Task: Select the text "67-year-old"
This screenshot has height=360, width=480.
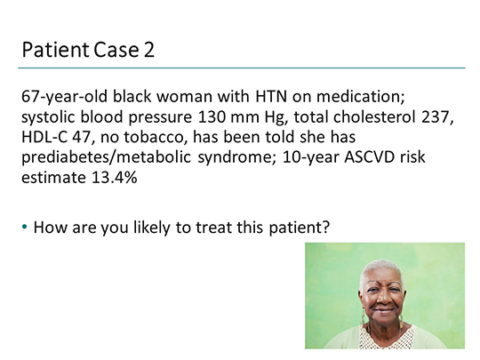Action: tap(61, 96)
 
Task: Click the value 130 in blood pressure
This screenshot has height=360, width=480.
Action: tap(198, 116)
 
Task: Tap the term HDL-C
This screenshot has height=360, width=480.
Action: tap(47, 137)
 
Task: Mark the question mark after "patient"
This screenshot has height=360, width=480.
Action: tap(326, 227)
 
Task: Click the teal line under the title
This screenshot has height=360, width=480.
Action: tap(240, 68)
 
